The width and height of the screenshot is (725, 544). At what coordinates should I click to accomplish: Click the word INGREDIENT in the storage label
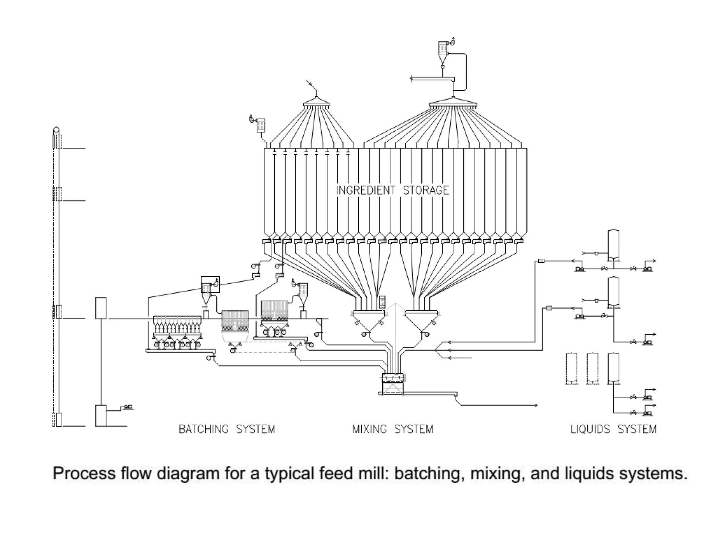(365, 190)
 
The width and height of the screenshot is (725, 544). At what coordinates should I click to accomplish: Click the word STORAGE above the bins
(426, 190)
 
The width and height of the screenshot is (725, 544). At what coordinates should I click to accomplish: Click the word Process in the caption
(84, 474)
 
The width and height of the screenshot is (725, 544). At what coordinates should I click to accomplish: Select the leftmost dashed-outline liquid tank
(571, 368)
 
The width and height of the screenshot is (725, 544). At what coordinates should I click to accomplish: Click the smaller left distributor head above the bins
(316, 103)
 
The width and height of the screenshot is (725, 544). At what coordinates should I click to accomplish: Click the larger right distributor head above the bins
(453, 103)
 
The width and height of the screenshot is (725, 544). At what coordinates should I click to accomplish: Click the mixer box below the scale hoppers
(393, 384)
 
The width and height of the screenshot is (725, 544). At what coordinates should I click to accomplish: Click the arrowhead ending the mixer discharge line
(536, 405)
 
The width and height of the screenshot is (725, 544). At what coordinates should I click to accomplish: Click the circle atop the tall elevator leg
(56, 130)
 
